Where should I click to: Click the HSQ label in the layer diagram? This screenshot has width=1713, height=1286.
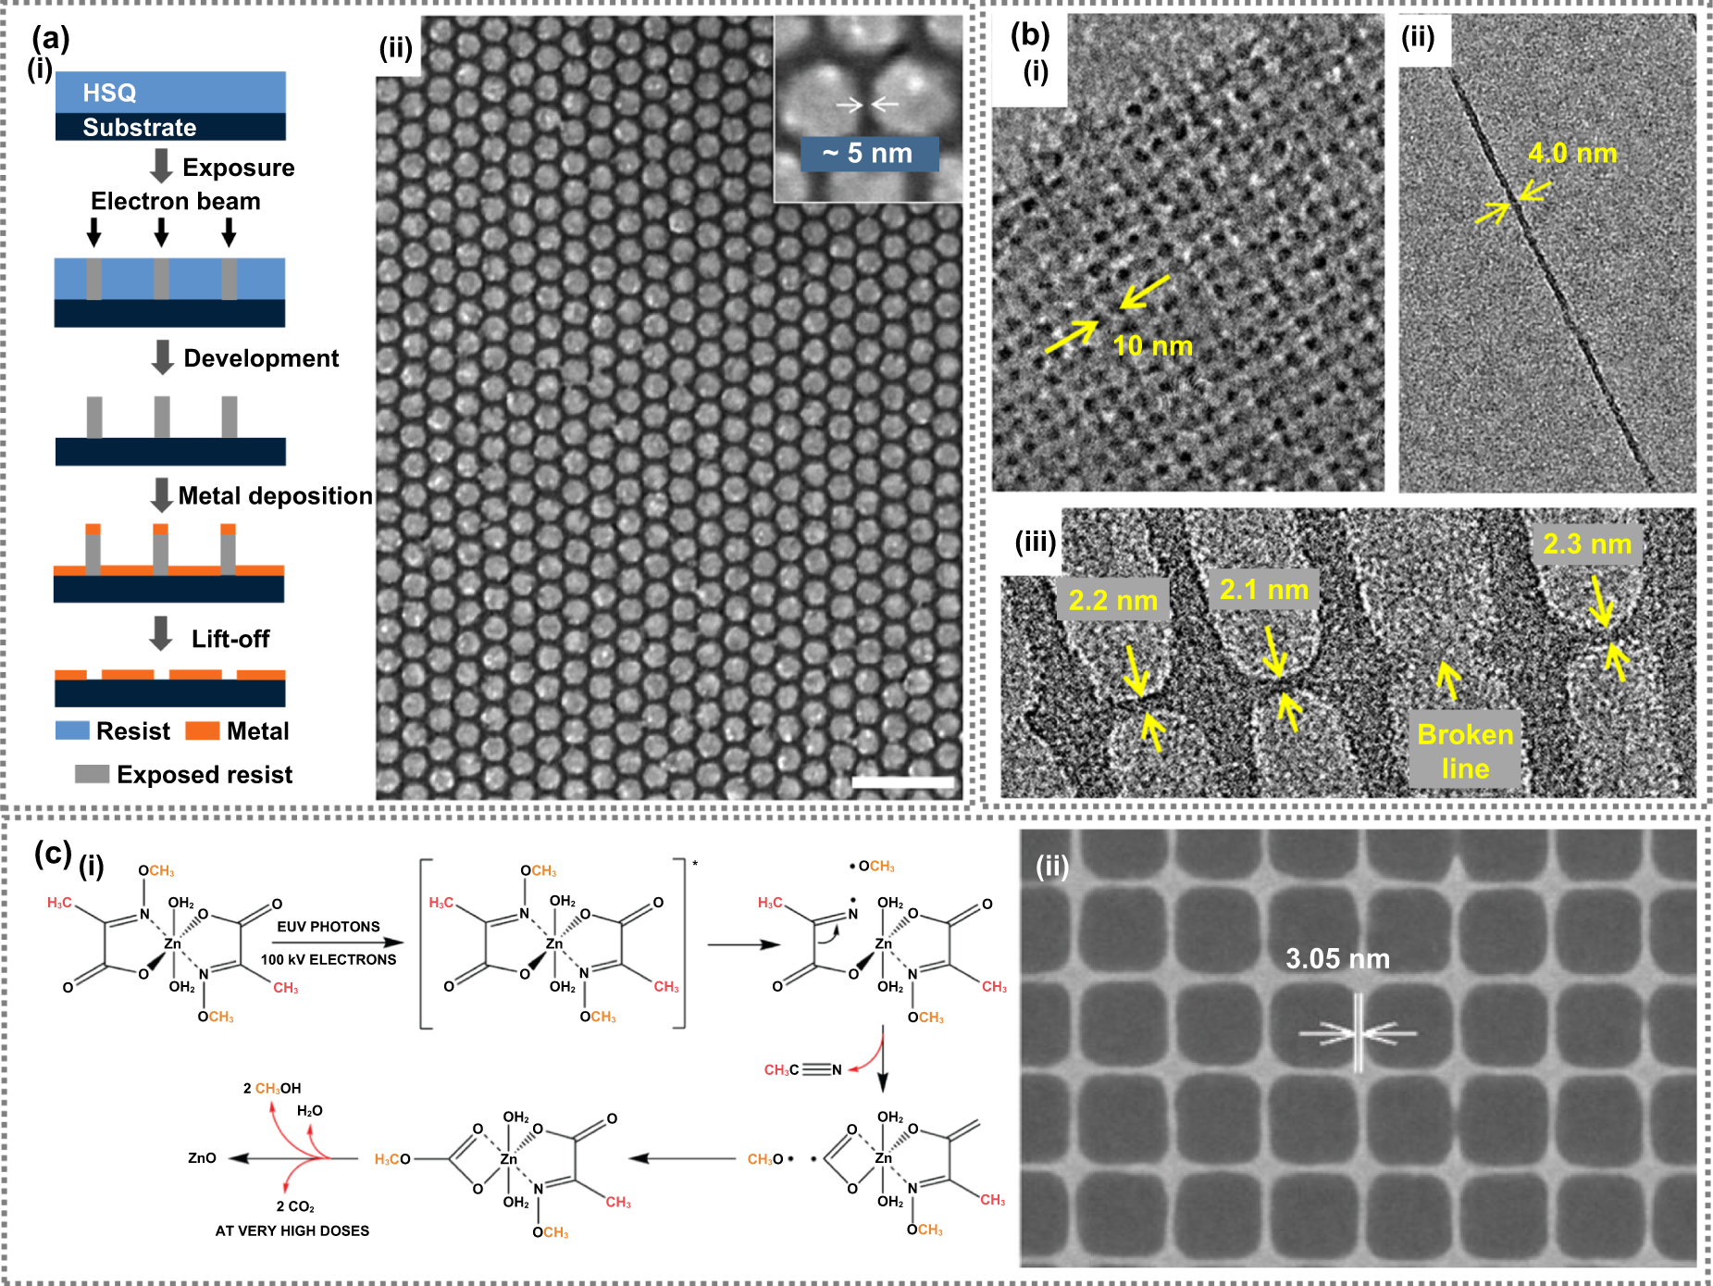109,93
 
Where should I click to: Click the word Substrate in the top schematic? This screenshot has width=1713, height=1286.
140,127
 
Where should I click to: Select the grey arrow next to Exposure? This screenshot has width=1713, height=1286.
162,166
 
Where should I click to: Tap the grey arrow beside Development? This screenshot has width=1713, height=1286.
162,357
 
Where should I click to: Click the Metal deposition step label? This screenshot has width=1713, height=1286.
275,496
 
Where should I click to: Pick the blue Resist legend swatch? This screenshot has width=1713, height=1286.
72,730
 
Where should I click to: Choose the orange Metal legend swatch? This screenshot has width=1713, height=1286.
202,730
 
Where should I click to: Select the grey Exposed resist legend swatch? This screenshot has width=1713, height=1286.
92,774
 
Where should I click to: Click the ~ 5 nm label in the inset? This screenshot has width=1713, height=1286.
868,154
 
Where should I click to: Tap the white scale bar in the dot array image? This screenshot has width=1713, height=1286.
902,782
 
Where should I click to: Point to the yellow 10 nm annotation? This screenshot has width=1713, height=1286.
1152,346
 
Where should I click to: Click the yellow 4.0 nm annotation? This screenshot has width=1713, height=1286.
1572,153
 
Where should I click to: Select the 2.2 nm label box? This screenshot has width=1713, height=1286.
1113,600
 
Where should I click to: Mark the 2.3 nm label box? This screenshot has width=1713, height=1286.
1587,543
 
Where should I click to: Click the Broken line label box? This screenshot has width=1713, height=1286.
1465,751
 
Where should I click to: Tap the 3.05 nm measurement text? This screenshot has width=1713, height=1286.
1337,959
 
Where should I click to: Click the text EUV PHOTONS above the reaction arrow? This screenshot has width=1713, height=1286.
329,927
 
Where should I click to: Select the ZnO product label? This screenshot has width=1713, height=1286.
202,1158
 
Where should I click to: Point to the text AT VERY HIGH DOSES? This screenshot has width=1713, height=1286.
292,1230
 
